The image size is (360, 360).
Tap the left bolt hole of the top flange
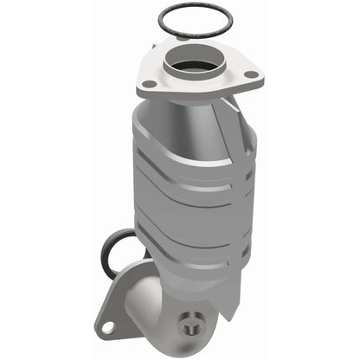(x=149, y=84)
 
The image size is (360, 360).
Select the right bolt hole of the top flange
(x=250, y=74)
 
